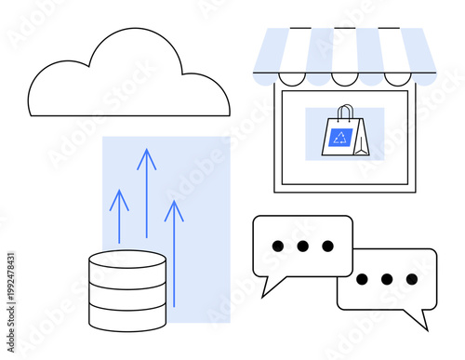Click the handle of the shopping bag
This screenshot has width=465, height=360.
click(345, 113)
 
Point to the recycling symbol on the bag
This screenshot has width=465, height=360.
click(339, 140)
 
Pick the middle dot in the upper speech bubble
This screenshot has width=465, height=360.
click(302, 246)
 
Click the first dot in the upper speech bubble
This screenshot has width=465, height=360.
click(276, 246)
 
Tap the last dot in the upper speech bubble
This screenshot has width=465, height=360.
click(327, 246)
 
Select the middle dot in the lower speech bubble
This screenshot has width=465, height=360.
click(386, 279)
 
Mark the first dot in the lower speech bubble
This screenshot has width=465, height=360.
click(361, 279)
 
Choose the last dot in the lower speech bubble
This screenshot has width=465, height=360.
click(411, 279)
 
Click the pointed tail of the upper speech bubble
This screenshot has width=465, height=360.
click(266, 290)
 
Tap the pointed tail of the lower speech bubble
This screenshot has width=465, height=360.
click(423, 322)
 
